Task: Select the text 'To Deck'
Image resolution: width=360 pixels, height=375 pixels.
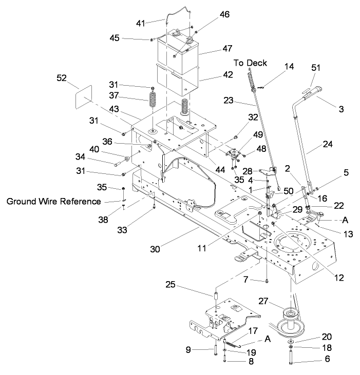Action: coord(251,63)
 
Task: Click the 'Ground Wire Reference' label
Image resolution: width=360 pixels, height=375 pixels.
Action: coord(54,202)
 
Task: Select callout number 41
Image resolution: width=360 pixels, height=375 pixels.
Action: coord(141,23)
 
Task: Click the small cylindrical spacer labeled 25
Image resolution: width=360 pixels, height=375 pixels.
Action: coord(216,297)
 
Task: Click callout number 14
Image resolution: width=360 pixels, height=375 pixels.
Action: coord(290,66)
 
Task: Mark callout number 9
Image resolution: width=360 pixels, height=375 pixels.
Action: coord(189,351)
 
